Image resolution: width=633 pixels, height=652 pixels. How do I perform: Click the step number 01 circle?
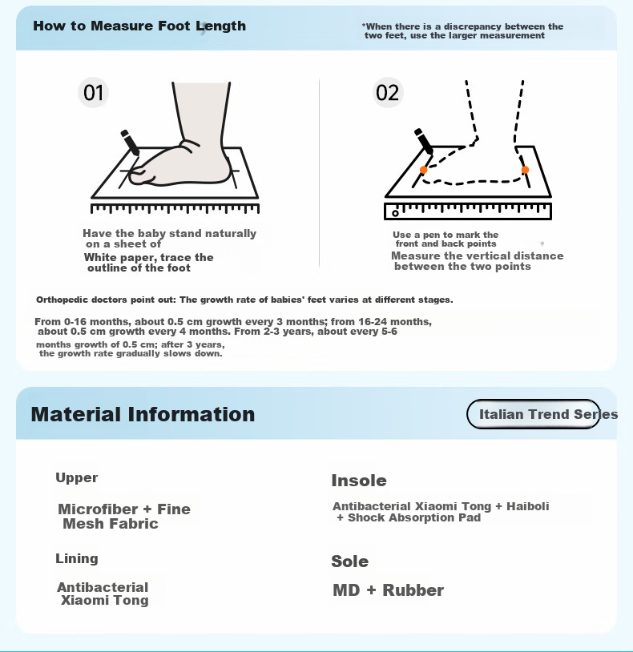tap(93, 92)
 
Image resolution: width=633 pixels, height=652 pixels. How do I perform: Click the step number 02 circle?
tap(388, 92)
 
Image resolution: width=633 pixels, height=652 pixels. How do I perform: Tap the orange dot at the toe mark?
tap(423, 170)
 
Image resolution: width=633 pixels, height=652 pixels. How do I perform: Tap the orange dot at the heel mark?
tap(525, 170)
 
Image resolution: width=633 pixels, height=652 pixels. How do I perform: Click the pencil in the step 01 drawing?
tap(130, 143)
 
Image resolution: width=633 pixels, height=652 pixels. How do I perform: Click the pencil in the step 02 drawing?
tap(424, 142)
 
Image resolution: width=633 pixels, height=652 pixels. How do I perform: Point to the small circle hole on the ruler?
tap(395, 213)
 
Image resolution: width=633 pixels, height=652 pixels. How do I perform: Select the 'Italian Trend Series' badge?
tap(534, 414)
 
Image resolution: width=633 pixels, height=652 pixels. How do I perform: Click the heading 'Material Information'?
tap(143, 414)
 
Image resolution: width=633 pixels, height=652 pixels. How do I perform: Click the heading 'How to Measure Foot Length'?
tap(139, 26)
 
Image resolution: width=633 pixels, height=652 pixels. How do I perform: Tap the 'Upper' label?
tap(77, 477)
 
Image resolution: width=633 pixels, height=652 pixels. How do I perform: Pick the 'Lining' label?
tap(77, 558)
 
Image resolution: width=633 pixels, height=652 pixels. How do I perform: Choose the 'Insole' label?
tap(359, 481)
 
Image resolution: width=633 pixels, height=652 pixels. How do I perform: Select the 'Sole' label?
tap(350, 561)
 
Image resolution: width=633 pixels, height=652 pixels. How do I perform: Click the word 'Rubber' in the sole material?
tap(413, 590)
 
